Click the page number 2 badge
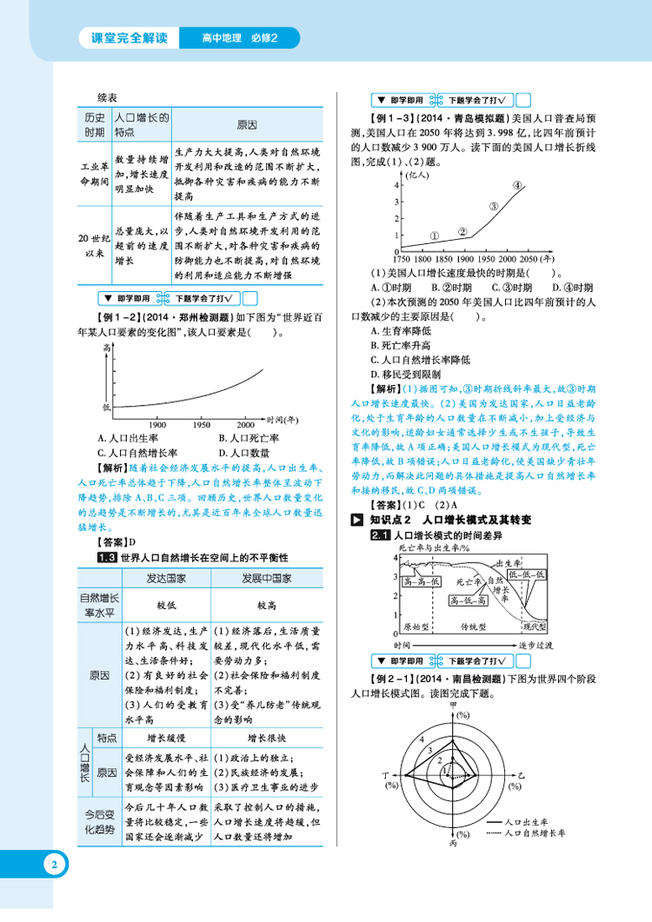point(53,866)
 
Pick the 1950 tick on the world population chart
point(202,423)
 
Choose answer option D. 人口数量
point(247,452)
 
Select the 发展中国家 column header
point(265,579)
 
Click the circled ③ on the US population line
point(493,207)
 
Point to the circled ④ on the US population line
point(517,185)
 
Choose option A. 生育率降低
point(401,330)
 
